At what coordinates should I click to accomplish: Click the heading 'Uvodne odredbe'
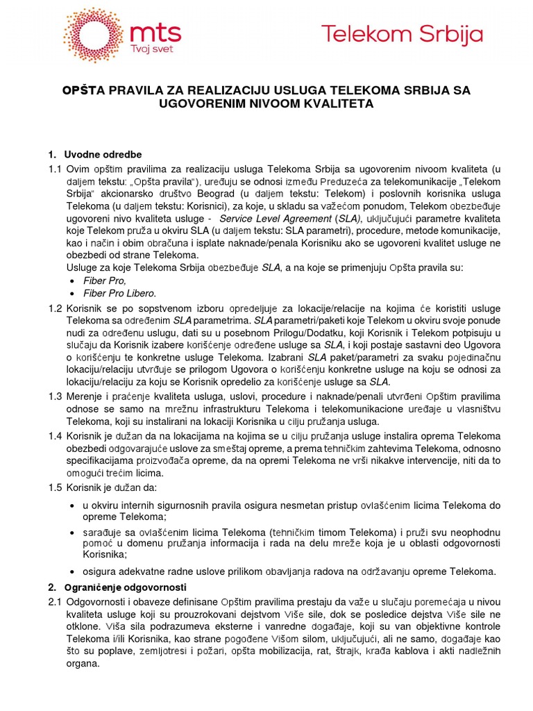pos(103,153)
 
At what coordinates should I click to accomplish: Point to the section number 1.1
pos(55,169)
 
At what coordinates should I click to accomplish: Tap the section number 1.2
pos(55,308)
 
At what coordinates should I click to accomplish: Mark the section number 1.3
pos(55,396)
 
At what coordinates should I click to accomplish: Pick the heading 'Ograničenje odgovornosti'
pos(121,587)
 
